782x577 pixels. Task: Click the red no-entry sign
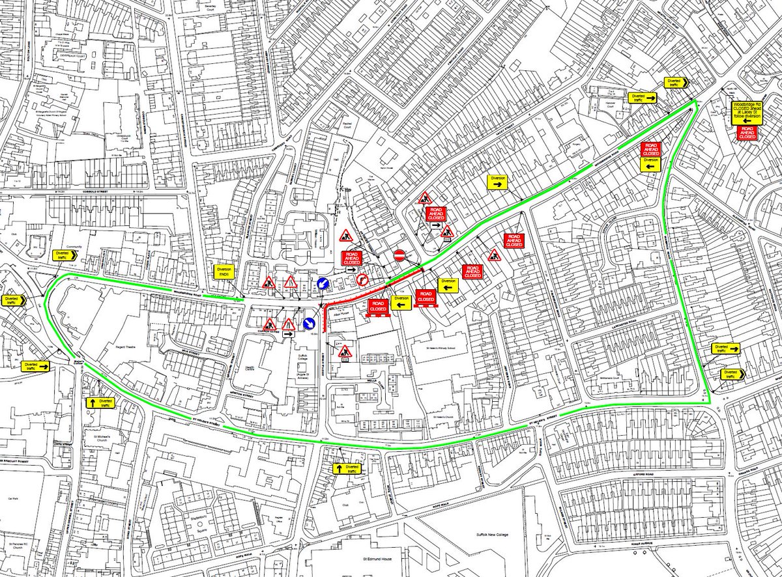(401, 255)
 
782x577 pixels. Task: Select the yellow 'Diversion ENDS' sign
(224, 273)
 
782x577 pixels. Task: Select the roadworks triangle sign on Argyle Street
(345, 352)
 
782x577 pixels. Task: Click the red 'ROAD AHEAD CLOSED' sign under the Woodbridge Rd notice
(746, 133)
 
